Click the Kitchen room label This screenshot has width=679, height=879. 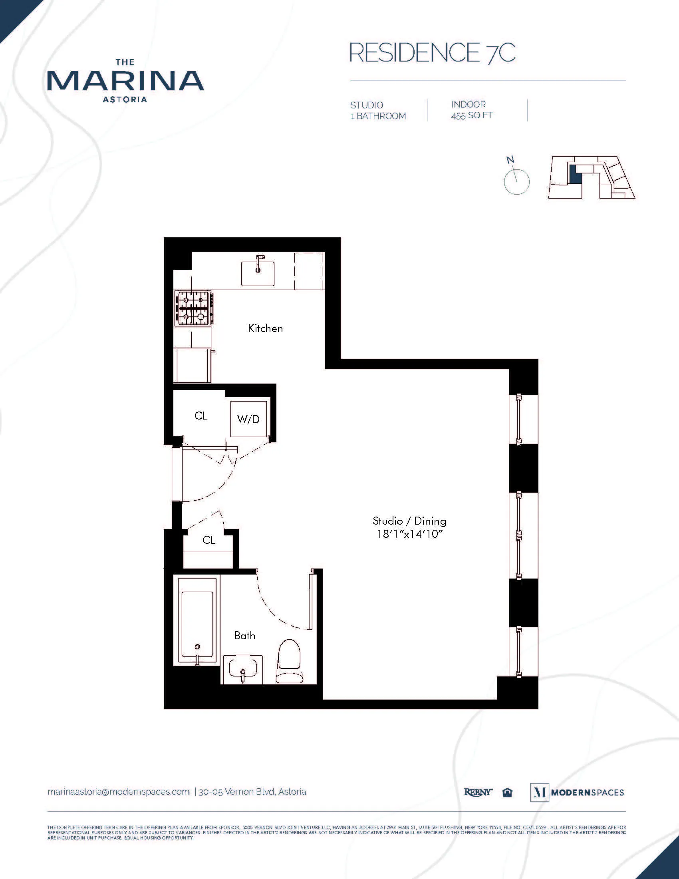click(265, 328)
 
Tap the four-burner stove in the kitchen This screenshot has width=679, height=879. click(193, 308)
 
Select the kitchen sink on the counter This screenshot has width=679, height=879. click(258, 273)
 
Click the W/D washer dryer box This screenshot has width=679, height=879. click(248, 419)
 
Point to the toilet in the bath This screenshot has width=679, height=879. click(289, 661)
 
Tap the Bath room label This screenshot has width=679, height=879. click(244, 636)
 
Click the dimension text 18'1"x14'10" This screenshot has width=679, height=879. click(409, 534)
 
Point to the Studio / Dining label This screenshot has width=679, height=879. click(409, 521)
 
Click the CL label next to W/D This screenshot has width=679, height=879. click(201, 416)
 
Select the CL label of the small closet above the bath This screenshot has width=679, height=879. click(209, 540)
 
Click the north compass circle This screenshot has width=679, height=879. click(516, 182)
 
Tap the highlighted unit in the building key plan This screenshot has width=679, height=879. click(576, 174)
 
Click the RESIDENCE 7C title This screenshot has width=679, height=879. click(432, 52)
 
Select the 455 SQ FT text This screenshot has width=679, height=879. click(471, 116)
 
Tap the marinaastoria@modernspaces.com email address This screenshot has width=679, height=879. click(119, 791)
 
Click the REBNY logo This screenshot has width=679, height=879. click(478, 792)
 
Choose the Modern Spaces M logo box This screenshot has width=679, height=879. click(539, 792)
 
